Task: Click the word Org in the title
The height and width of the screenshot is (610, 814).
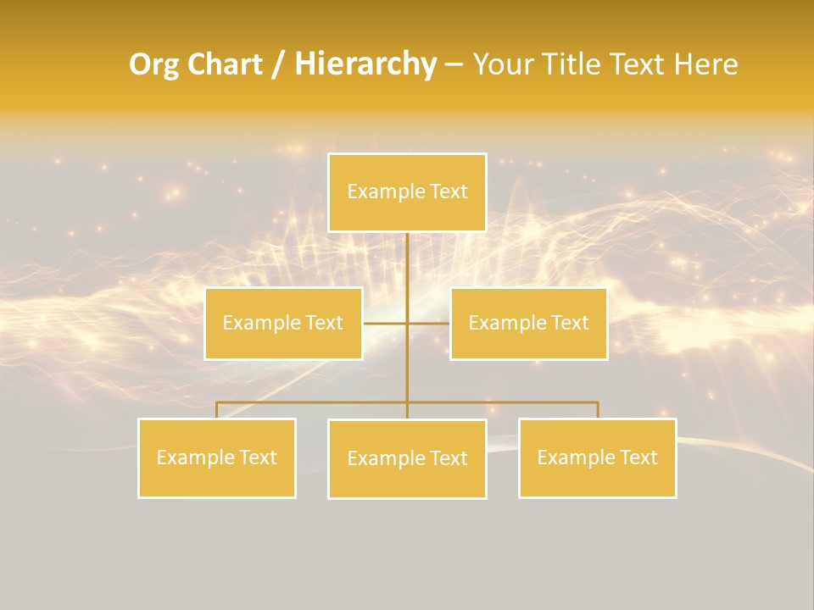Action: point(154,64)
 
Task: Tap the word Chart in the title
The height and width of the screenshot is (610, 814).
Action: point(224,64)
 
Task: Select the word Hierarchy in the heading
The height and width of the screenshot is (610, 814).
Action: point(365,64)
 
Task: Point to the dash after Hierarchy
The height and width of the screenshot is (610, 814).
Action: point(454,65)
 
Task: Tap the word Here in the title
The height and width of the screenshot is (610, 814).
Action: point(705,64)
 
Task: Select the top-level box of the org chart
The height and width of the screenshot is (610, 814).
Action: point(407,192)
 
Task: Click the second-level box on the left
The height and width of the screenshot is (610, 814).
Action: point(283,324)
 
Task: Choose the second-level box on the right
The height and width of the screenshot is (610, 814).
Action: point(528,324)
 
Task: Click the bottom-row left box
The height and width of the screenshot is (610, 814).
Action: point(217,458)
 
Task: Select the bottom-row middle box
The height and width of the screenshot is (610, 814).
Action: point(407,459)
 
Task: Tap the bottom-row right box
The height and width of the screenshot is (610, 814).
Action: point(597,458)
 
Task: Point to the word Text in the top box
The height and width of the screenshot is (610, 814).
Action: point(449,192)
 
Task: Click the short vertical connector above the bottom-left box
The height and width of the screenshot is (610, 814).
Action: point(217,410)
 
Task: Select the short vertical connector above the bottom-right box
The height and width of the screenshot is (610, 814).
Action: point(597,410)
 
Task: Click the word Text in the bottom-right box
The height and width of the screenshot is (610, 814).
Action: point(638,458)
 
